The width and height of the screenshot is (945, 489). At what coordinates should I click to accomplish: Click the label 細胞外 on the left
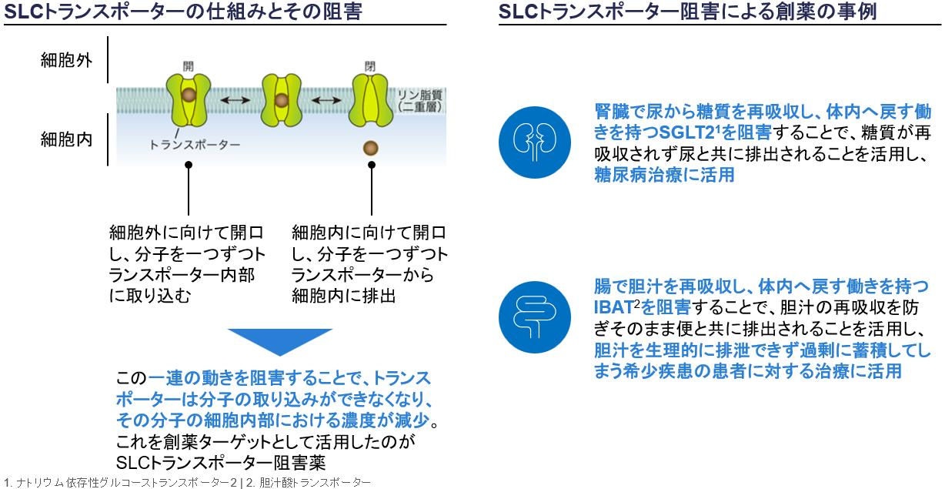[x=66, y=60]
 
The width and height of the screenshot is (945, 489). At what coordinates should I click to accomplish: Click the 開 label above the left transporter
[x=189, y=66]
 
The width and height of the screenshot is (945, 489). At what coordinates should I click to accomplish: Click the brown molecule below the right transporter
[x=371, y=148]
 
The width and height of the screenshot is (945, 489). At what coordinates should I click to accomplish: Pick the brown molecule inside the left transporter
[x=189, y=95]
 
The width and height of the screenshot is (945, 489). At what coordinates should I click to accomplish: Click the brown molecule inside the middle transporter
[x=282, y=100]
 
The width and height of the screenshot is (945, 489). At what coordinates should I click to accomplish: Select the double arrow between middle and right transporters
[x=326, y=100]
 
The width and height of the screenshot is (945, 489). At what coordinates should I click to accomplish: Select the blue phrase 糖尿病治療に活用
[x=664, y=175]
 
